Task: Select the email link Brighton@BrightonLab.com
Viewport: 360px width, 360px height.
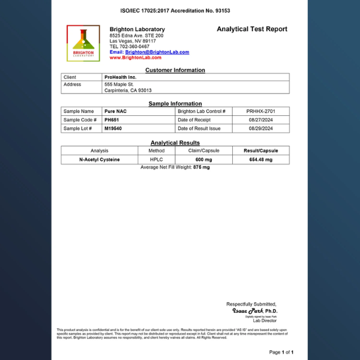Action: coord(157,52)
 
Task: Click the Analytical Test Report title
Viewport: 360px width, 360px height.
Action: coord(252,29)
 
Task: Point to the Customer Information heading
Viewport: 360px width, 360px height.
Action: coord(175,70)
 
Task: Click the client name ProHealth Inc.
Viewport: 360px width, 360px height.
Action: coord(121,77)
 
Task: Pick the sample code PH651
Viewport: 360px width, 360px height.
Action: coord(112,120)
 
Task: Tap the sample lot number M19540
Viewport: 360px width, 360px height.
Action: coord(113,128)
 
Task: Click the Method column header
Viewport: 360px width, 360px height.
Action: coord(157,151)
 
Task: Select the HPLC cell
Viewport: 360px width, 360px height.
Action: coord(157,160)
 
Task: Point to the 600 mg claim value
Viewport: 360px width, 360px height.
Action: coord(204,160)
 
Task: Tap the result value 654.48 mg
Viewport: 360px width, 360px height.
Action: coord(260,160)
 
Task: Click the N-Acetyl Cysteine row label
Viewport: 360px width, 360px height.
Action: coord(100,160)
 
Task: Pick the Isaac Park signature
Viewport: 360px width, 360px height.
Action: coord(248,311)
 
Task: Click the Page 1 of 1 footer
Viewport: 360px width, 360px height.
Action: coord(281,352)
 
